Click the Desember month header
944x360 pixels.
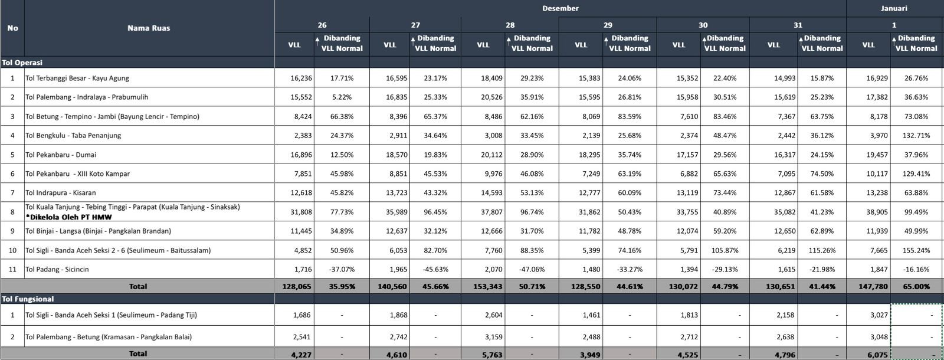[x=560, y=8]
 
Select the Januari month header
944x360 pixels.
[x=894, y=8]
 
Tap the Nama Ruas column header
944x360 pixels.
[x=149, y=28]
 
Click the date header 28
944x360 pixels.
[x=510, y=25]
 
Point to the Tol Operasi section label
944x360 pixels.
[x=22, y=62]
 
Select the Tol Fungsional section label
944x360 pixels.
[x=28, y=299]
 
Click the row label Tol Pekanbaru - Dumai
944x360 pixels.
[x=61, y=155]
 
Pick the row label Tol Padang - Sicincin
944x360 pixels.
[x=57, y=269]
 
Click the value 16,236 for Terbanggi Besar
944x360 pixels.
[x=301, y=78]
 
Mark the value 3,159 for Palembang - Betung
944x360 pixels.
[x=491, y=337]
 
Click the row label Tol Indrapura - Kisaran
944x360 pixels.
[x=61, y=192]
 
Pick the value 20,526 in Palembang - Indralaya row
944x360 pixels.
[x=490, y=97]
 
